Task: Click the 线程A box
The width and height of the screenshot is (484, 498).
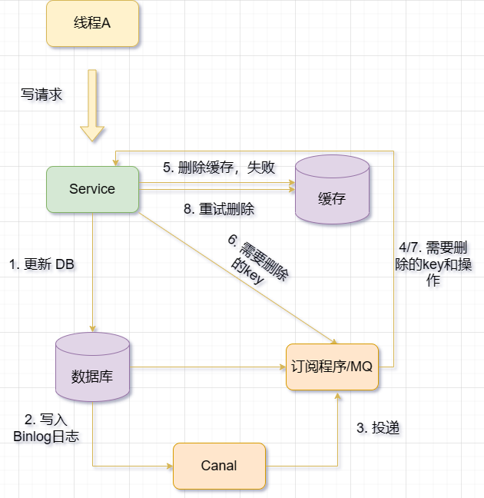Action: click(92, 23)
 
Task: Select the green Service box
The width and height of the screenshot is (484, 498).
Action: click(92, 189)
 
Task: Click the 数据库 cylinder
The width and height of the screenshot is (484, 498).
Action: click(92, 368)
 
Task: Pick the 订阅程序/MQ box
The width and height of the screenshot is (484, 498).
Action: click(332, 367)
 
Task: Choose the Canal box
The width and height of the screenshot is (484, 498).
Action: click(219, 466)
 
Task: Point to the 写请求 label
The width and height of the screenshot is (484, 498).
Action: click(41, 95)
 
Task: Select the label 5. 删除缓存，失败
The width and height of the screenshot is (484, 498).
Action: click(218, 168)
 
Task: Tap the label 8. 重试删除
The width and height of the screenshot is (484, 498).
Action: click(219, 209)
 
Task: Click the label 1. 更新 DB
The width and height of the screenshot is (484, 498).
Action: click(41, 264)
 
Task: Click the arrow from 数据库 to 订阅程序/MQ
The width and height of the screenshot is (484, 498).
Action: click(207, 367)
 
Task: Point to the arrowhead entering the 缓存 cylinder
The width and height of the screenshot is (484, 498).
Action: click(291, 184)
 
